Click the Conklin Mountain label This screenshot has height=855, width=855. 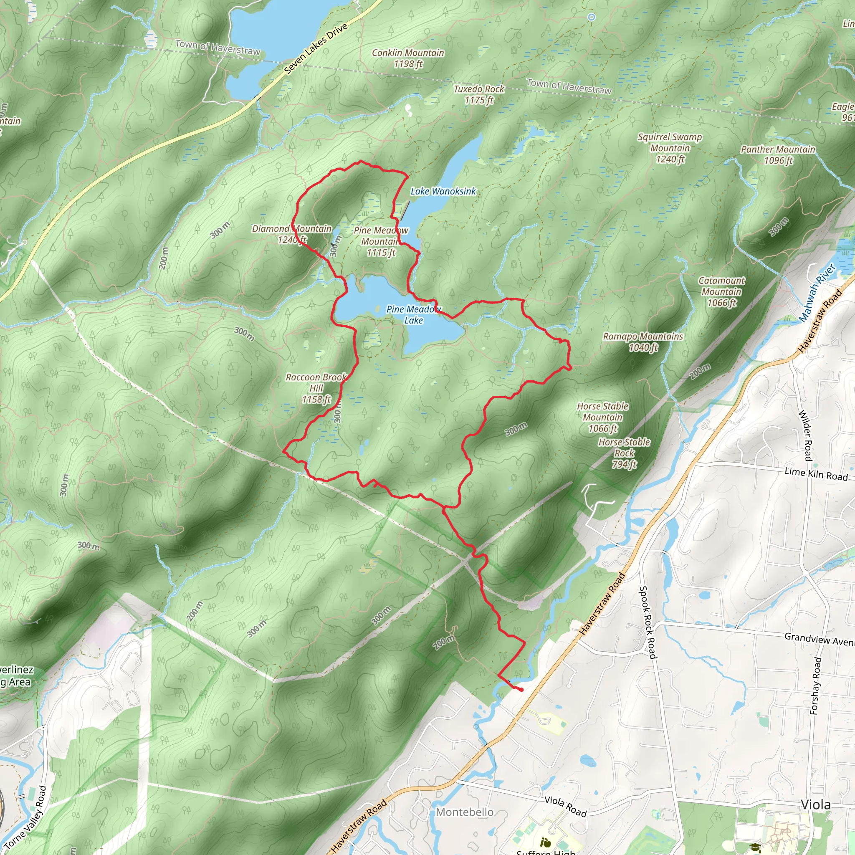(407, 58)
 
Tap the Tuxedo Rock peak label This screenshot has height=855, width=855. (479, 94)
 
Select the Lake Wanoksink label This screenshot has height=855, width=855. (443, 191)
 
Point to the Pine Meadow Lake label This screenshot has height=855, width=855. (413, 315)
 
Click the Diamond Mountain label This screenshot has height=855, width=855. (292, 234)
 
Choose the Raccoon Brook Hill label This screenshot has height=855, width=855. (316, 388)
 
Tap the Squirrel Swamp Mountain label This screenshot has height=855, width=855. (670, 148)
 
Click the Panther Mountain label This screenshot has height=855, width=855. (778, 155)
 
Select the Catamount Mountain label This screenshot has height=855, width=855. (721, 292)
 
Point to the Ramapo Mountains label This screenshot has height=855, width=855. (643, 341)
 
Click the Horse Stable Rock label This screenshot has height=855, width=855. (624, 453)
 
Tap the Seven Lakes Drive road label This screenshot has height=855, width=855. (316, 49)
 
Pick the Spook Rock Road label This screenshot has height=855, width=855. (646, 622)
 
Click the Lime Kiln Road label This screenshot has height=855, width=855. (816, 474)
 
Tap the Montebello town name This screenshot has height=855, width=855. (464, 812)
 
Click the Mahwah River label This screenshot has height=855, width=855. (817, 293)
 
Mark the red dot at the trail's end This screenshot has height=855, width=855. (521, 690)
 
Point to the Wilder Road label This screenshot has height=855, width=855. (805, 435)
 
